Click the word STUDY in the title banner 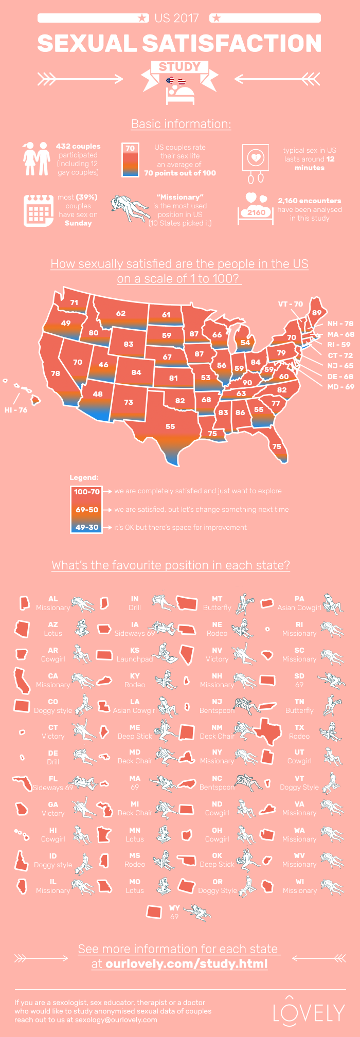coord(179,67)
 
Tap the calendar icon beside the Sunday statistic coord(39,210)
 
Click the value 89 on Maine coord(317,312)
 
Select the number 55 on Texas coord(170,426)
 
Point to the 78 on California coord(56,373)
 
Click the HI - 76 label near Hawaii coord(16,410)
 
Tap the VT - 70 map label coord(291,304)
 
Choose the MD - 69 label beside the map coord(340,387)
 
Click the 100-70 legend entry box coord(86,492)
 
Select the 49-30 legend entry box coord(86,527)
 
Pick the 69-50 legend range coord(86,510)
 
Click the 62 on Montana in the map coord(121,313)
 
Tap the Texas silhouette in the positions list coord(269,731)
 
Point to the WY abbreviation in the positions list coord(174,908)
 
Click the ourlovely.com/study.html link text coord(186,963)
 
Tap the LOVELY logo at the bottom coord(309,1013)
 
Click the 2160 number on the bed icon coord(256,212)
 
